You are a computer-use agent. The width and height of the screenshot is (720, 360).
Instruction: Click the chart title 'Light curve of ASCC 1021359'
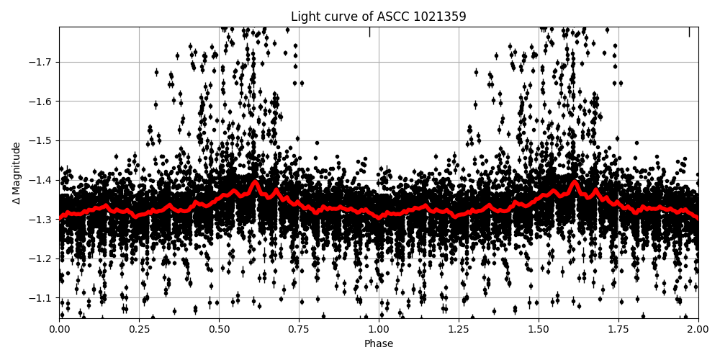(378, 17)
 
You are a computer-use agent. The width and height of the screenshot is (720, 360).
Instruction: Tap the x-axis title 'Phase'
(378, 344)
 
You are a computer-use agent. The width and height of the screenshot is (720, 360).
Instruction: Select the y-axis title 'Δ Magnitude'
(17, 173)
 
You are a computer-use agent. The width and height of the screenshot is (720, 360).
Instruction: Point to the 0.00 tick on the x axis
(59, 329)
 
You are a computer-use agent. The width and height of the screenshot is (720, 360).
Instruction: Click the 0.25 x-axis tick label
(139, 329)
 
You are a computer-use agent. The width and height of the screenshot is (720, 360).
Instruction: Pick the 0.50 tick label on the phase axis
(219, 329)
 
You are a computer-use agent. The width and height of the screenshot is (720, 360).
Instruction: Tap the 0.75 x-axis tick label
(299, 329)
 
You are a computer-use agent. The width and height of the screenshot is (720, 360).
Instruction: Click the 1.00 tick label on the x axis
(379, 329)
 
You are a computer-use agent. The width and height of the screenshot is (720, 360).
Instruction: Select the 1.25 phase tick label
(459, 329)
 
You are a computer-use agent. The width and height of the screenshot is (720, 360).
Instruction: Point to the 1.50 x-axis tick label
(539, 329)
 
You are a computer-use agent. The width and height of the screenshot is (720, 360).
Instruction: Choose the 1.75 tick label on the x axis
(618, 329)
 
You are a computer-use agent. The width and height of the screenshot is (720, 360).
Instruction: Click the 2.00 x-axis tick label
(698, 329)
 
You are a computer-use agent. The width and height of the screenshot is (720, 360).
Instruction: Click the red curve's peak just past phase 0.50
(255, 183)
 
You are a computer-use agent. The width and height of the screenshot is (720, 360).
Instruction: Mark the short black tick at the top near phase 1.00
(369, 32)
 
